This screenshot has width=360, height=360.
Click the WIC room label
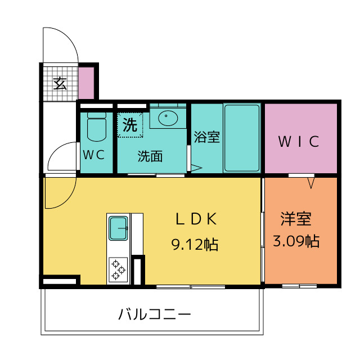click(x=299, y=141)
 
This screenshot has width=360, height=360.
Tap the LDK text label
click(x=196, y=219)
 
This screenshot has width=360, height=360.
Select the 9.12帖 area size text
click(x=195, y=244)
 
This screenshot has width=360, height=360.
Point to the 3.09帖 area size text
click(x=296, y=241)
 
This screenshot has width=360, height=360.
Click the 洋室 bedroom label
click(x=296, y=219)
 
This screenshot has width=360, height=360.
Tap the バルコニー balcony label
click(x=155, y=314)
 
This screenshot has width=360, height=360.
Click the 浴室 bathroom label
click(x=207, y=137)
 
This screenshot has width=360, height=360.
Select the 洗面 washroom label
click(x=150, y=156)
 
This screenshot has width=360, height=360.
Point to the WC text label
click(x=94, y=155)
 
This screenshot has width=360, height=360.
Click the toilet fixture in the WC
click(x=97, y=127)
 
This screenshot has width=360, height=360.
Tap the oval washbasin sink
click(x=168, y=118)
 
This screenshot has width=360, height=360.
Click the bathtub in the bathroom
click(x=242, y=138)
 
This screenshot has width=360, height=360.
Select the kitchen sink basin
click(x=118, y=228)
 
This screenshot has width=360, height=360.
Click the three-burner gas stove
click(x=118, y=269)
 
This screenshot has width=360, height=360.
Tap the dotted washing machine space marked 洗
click(x=130, y=125)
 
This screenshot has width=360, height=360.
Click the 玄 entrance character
click(x=60, y=84)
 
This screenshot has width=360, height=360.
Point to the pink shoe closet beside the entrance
click(x=86, y=83)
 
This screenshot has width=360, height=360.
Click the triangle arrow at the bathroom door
click(x=196, y=168)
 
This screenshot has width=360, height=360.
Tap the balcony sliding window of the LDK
click(x=191, y=287)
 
